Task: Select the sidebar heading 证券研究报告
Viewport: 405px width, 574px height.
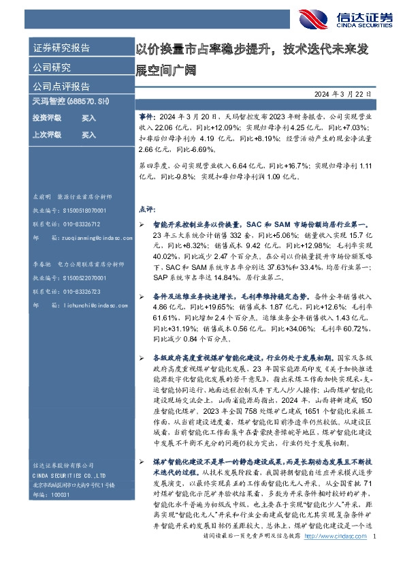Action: [x=61, y=48]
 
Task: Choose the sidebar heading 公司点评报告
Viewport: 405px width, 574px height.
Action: [x=61, y=87]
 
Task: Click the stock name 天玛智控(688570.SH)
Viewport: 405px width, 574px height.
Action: [x=71, y=102]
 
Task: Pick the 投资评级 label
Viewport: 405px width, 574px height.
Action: [x=47, y=118]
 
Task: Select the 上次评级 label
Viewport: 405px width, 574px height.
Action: [x=47, y=135]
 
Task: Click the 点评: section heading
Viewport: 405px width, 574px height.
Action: [x=147, y=209]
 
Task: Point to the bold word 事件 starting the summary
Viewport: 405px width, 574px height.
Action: [x=145, y=117]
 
